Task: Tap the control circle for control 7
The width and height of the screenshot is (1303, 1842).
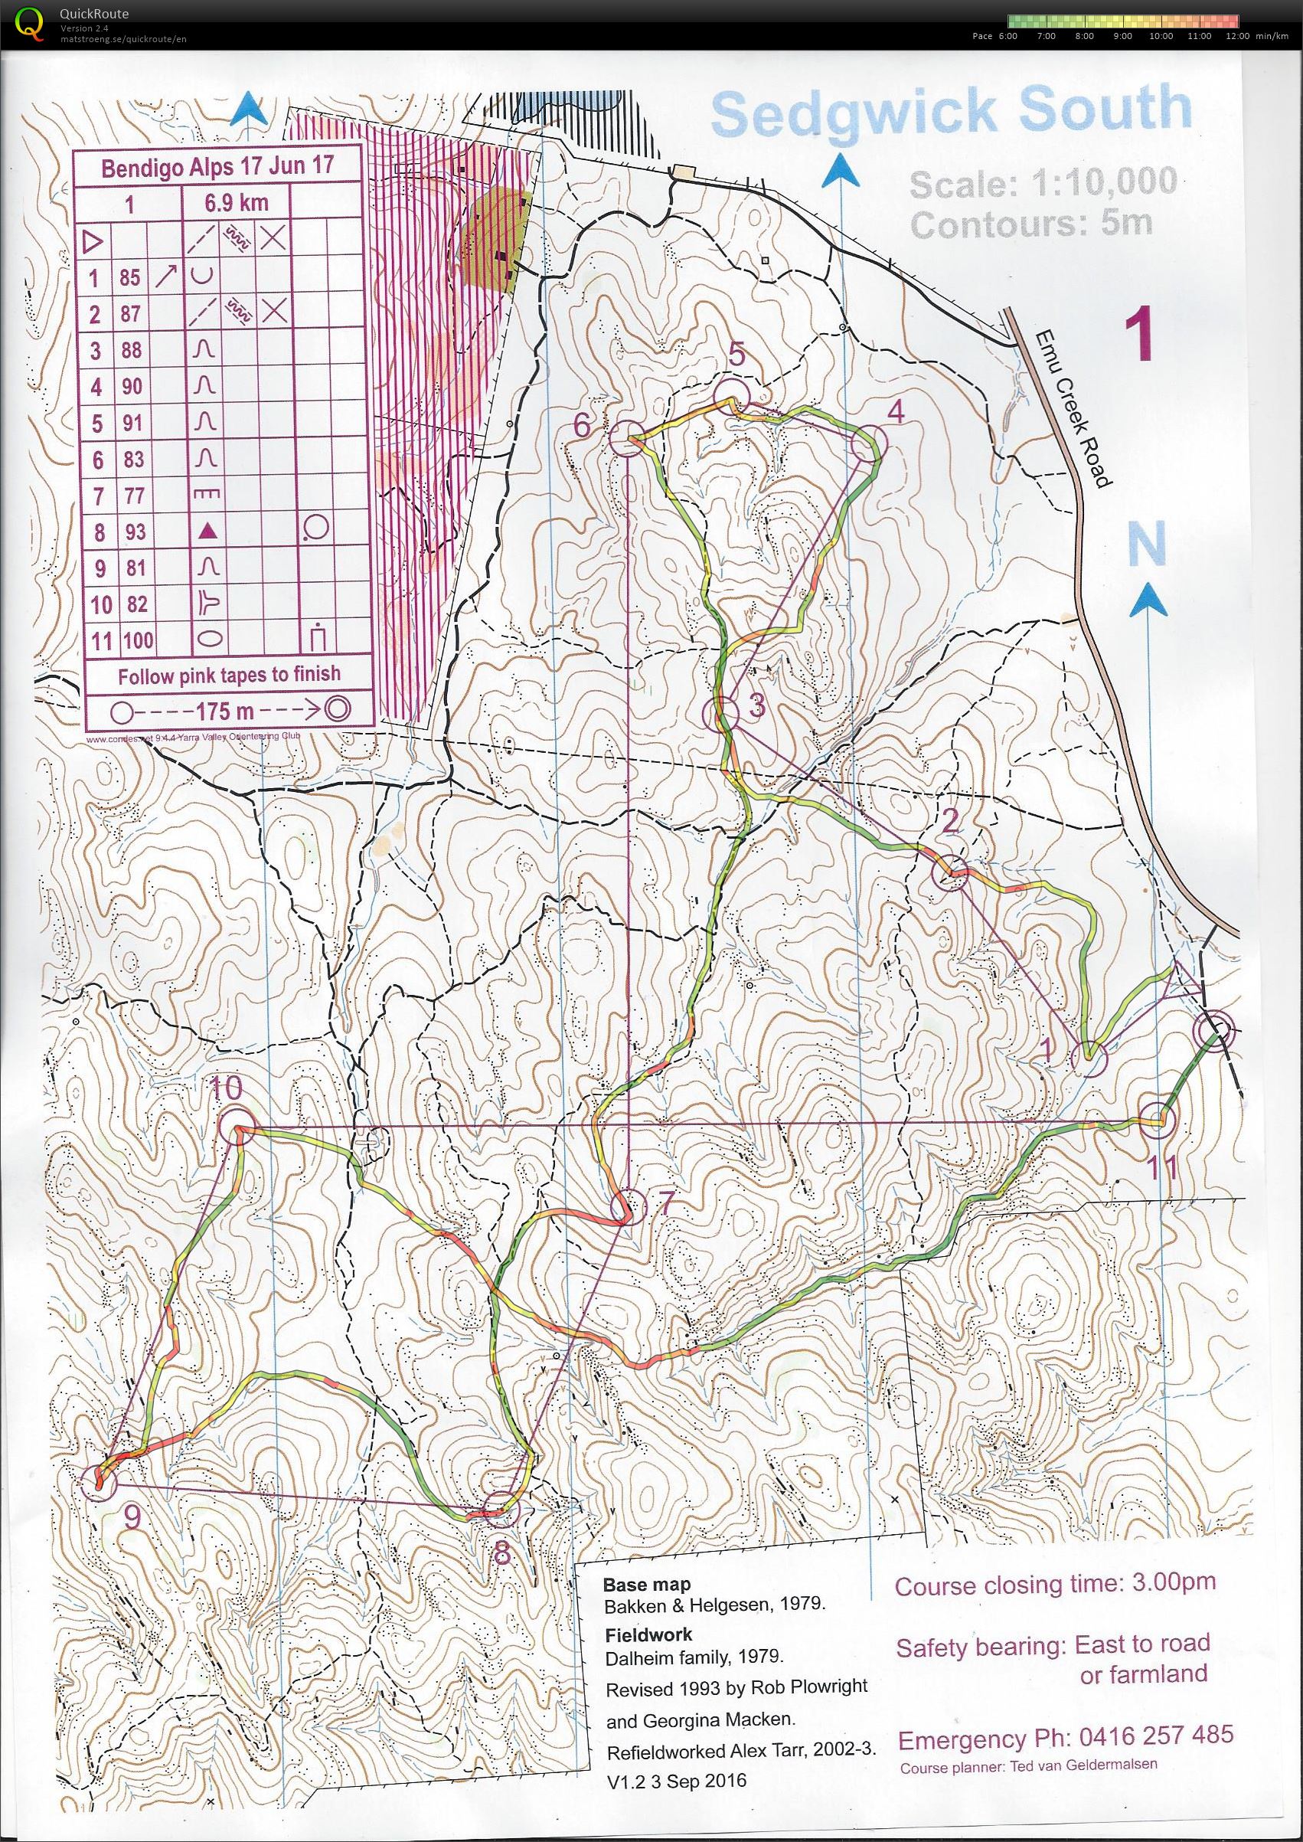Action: coord(629,1206)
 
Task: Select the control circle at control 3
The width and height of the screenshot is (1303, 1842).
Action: coord(720,713)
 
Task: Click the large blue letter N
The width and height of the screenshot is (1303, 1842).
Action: coord(1147,543)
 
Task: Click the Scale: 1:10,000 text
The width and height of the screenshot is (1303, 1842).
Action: coord(1043,184)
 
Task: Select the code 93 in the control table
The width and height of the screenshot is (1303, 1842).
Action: coord(135,532)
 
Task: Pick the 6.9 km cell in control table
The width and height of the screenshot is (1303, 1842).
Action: coord(236,202)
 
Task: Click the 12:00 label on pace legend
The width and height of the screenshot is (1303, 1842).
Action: coord(1236,36)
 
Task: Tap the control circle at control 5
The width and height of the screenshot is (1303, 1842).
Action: coord(732,397)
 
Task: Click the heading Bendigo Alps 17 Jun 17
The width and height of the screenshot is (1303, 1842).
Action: coord(217,167)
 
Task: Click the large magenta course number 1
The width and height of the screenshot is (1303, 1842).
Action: coord(1138,335)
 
